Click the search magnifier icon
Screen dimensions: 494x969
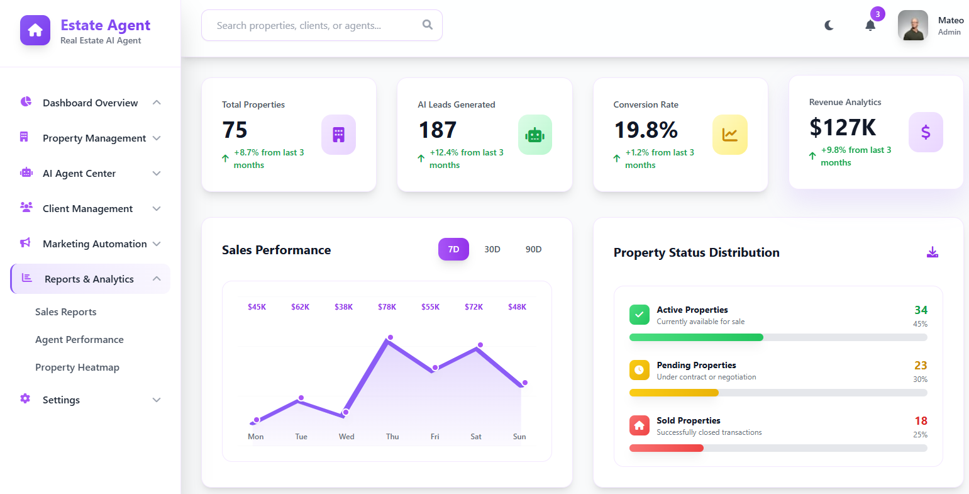pos(428,25)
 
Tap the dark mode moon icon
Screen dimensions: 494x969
pos(829,25)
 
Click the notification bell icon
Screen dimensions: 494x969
pos(870,25)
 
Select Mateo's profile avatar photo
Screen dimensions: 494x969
pos(912,26)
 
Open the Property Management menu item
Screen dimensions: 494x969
pos(94,138)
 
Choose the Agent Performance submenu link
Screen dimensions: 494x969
pos(79,340)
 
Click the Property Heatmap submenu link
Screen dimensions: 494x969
pos(77,368)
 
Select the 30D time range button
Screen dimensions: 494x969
pos(492,249)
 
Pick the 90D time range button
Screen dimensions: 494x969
pos(533,249)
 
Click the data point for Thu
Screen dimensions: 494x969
pos(390,338)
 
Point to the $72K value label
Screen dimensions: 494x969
pos(473,307)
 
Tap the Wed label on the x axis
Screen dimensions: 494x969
pos(346,437)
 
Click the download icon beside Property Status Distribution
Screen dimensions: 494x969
pos(933,252)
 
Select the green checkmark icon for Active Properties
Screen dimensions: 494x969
pos(639,315)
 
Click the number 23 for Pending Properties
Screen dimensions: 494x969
pos(921,366)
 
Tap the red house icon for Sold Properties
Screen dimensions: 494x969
pos(639,425)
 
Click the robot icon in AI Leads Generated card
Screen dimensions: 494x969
pos(534,135)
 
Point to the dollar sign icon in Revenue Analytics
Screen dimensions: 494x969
pos(926,132)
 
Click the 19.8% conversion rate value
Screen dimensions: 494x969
pos(646,130)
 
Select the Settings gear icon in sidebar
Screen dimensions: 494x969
pos(25,399)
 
